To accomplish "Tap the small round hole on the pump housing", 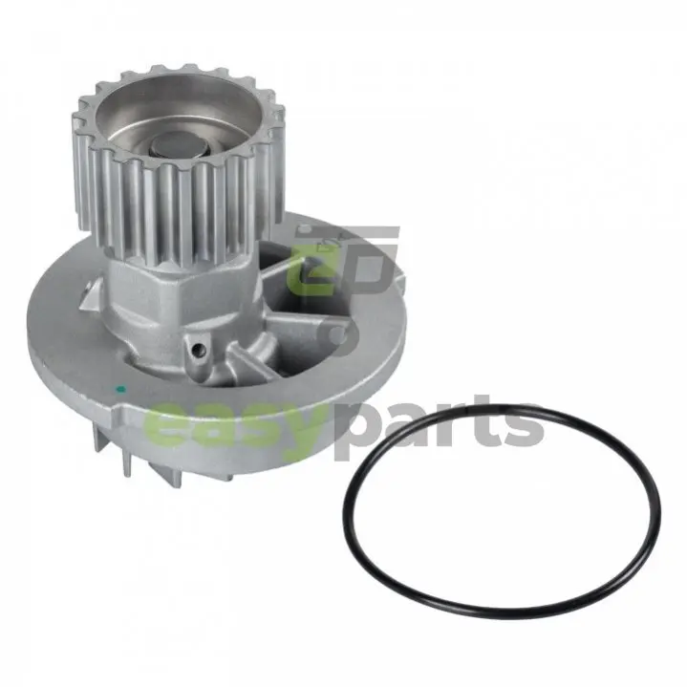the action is [200, 349].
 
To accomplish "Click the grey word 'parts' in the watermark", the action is [440, 425].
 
